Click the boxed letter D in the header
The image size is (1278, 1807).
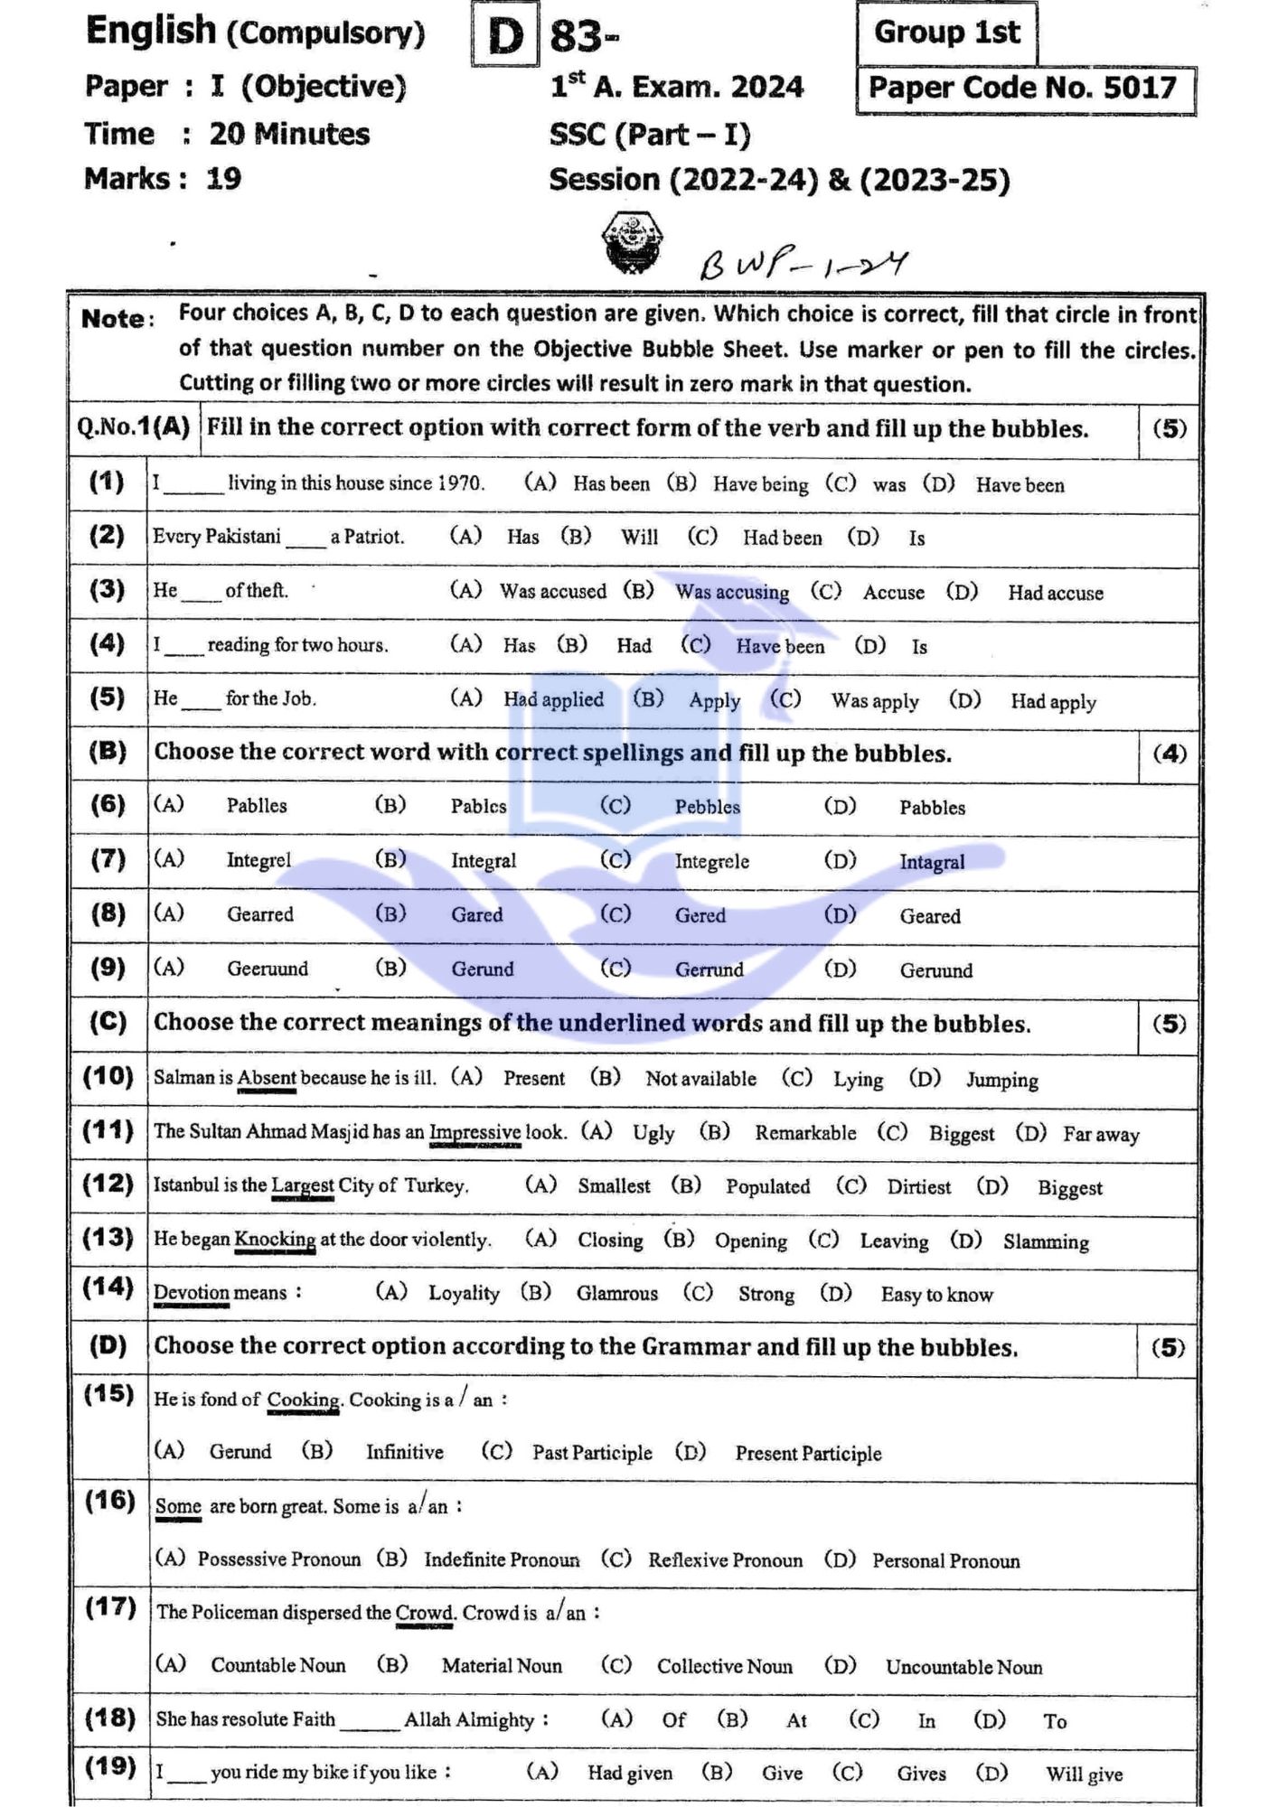[x=504, y=37]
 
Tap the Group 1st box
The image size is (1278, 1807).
[x=945, y=33]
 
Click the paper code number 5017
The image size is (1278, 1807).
[x=1140, y=88]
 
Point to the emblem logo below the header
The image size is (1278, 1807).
[x=631, y=242]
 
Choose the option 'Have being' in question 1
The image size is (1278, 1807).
[x=760, y=484]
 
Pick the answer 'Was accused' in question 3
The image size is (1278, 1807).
[x=552, y=591]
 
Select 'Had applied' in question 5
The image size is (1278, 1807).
[x=553, y=699]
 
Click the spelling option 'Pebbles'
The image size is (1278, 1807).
[x=707, y=807]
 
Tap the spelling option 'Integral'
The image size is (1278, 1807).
[x=484, y=861]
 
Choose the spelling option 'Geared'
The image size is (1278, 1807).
[x=929, y=916]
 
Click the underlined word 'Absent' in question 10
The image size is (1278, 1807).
[x=267, y=1078]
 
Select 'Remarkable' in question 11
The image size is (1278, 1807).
[x=805, y=1133]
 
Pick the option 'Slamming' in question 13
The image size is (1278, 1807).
[x=1046, y=1242]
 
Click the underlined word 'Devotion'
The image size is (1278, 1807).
[x=191, y=1293]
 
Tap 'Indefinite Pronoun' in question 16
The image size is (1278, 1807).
[x=502, y=1560]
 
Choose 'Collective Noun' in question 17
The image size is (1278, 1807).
[x=724, y=1667]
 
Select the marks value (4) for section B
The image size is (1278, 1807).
[x=1169, y=754]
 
